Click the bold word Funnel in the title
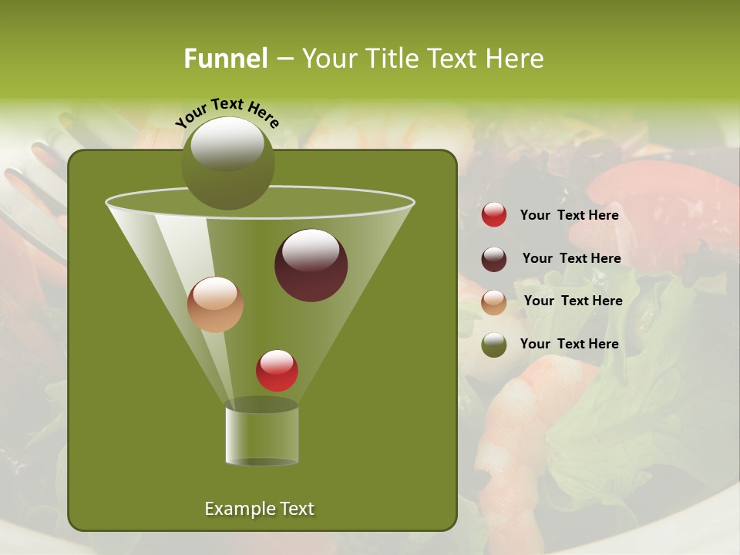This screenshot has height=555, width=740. click(226, 59)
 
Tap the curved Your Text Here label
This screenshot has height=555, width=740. click(227, 112)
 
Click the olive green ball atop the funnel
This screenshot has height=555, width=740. click(228, 163)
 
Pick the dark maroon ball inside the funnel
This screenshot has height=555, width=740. click(311, 265)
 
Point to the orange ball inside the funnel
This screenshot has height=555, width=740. click(216, 304)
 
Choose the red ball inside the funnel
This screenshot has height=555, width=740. click(277, 371)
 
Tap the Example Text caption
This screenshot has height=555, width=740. click(260, 509)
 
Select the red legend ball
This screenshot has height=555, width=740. click(494, 215)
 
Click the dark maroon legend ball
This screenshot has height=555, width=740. click(494, 259)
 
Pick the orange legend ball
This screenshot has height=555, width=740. click(494, 302)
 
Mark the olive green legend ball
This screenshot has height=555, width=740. click(494, 345)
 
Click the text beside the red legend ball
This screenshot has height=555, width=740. click(570, 215)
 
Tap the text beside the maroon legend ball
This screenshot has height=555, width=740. click(572, 258)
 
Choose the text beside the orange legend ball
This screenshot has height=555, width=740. click(573, 301)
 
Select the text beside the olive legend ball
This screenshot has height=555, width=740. click(570, 344)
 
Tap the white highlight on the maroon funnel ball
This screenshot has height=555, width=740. click(311, 250)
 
